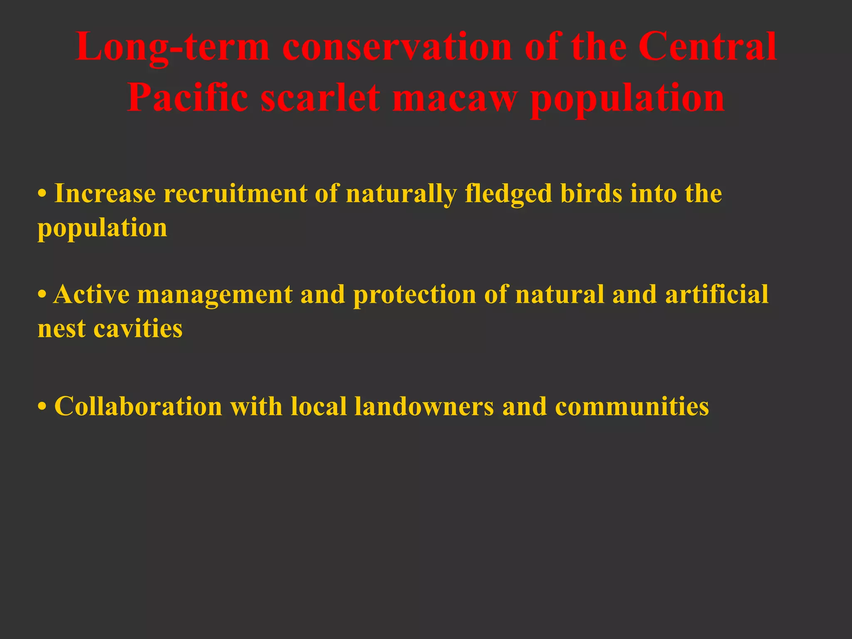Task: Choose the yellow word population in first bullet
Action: tap(102, 229)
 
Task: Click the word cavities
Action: tap(138, 329)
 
